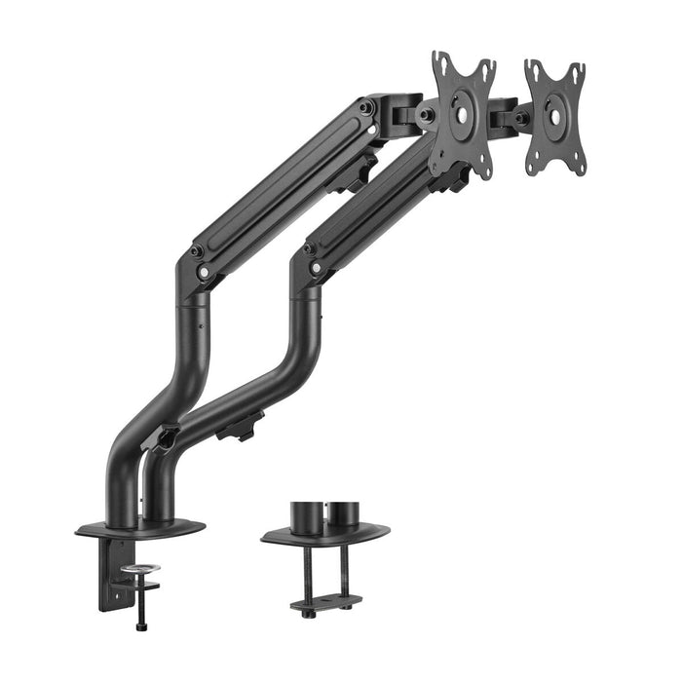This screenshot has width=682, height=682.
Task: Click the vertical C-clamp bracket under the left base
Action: (x=109, y=575)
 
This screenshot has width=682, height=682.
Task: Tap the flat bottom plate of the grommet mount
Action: (x=326, y=602)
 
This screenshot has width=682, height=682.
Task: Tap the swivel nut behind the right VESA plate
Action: (x=520, y=118)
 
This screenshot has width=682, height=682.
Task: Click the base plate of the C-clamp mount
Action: (x=139, y=529)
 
